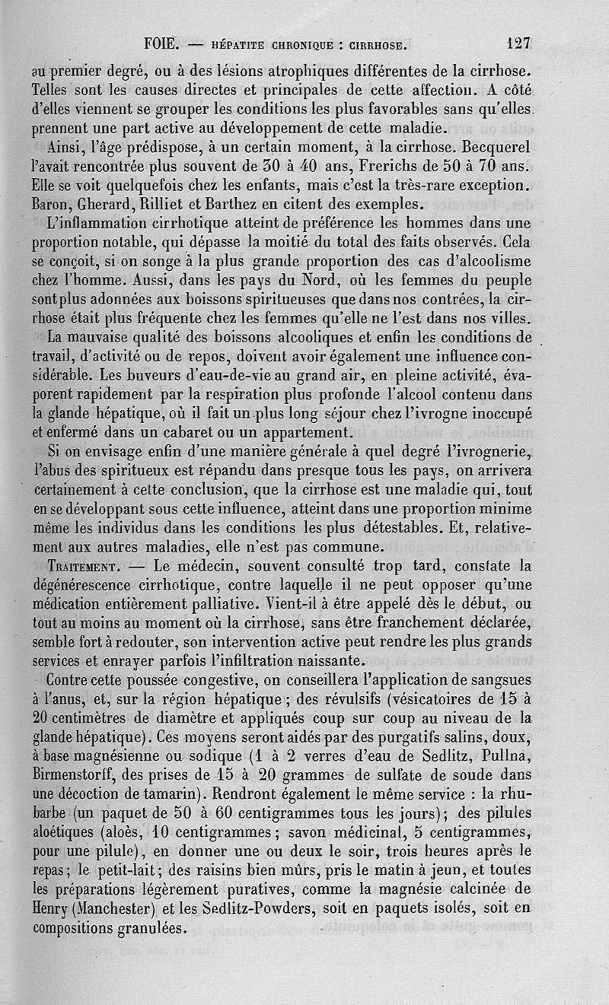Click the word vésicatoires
pos(439,699)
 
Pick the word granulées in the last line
pos(152,928)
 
